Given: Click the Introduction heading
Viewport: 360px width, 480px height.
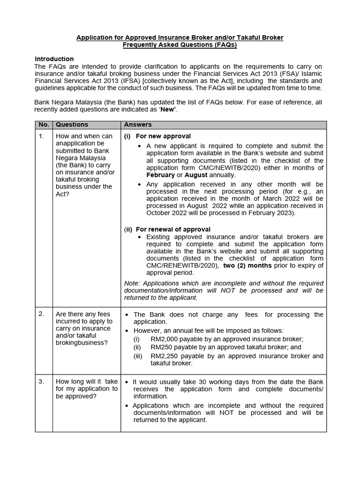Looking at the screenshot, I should (54, 59).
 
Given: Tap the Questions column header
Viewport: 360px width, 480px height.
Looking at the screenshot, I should (72, 125).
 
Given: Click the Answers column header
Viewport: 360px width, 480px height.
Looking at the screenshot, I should (137, 125).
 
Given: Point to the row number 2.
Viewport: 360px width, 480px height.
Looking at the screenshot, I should (41, 314).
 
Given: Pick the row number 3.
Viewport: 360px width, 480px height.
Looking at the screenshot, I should (41, 382).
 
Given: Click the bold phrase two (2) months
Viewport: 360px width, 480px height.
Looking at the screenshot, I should (247, 265).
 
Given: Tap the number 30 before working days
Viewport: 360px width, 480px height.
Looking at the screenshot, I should (200, 382).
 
